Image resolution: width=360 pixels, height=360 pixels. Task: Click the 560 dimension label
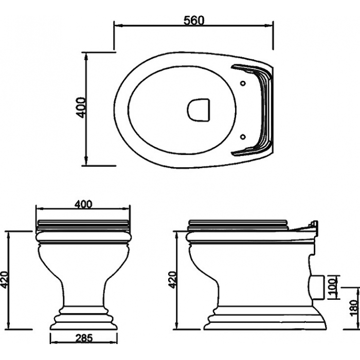click(194, 21)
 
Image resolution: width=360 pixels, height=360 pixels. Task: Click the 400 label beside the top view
click(81, 107)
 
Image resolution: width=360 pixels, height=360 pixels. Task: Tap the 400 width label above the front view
click(83, 204)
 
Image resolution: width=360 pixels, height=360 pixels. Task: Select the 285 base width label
click(83, 337)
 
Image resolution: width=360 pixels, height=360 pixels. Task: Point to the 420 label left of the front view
click(5, 280)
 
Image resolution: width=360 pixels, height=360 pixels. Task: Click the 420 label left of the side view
click(173, 280)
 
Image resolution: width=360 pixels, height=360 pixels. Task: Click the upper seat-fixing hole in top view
click(243, 83)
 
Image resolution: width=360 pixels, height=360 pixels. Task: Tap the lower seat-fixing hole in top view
click(243, 137)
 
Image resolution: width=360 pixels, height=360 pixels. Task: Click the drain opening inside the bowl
click(199, 110)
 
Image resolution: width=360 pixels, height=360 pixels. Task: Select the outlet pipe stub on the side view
click(317, 287)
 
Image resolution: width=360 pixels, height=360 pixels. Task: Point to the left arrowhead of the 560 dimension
click(118, 25)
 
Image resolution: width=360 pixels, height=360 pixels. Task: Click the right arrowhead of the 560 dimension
click(269, 25)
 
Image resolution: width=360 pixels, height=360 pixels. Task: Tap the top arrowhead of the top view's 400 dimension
click(86, 57)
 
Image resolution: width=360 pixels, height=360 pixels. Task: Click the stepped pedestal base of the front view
click(84, 317)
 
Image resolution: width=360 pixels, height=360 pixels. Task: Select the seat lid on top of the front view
click(83, 225)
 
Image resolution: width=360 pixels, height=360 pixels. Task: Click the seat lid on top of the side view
click(238, 225)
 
